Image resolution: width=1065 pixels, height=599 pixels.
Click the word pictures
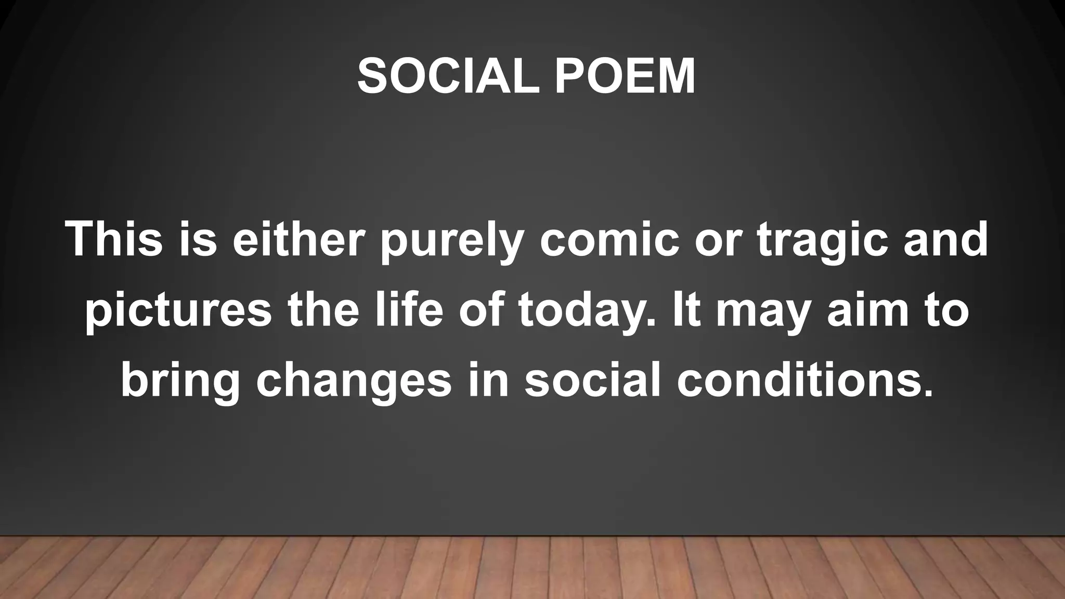(x=178, y=311)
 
